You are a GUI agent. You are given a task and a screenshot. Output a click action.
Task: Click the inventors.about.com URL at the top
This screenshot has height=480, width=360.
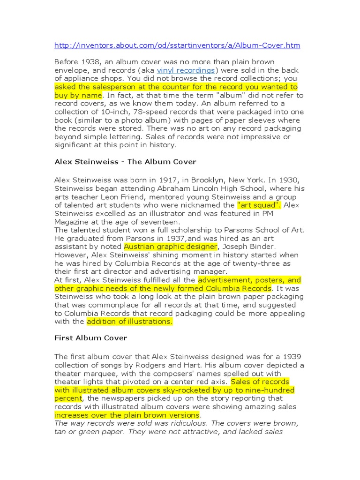pos(177,45)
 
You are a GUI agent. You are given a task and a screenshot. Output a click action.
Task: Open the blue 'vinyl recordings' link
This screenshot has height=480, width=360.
pos(186,70)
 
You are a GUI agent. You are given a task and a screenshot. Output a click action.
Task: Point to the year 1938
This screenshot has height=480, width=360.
pos(89,62)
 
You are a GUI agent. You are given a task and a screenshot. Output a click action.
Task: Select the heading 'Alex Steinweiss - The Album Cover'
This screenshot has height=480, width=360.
pos(125,162)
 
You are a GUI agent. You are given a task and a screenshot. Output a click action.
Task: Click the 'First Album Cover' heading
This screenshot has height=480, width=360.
pos(90,337)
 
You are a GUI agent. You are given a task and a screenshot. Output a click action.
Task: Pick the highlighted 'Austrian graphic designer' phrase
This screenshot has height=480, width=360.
pos(171,247)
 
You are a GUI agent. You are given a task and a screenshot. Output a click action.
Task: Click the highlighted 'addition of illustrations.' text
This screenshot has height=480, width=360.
pos(129,322)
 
